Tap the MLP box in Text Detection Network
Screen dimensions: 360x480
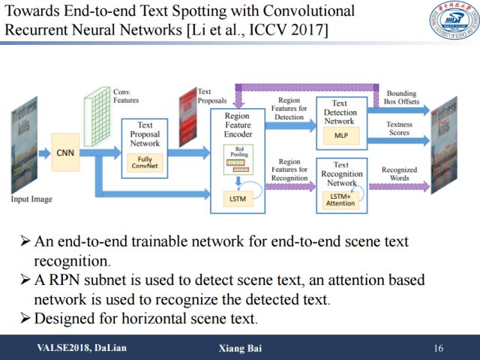(x=342, y=134)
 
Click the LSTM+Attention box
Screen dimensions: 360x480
(x=341, y=199)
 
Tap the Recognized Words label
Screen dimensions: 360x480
(x=400, y=174)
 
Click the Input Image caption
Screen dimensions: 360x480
(x=31, y=199)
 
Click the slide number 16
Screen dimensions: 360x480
(x=439, y=349)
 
